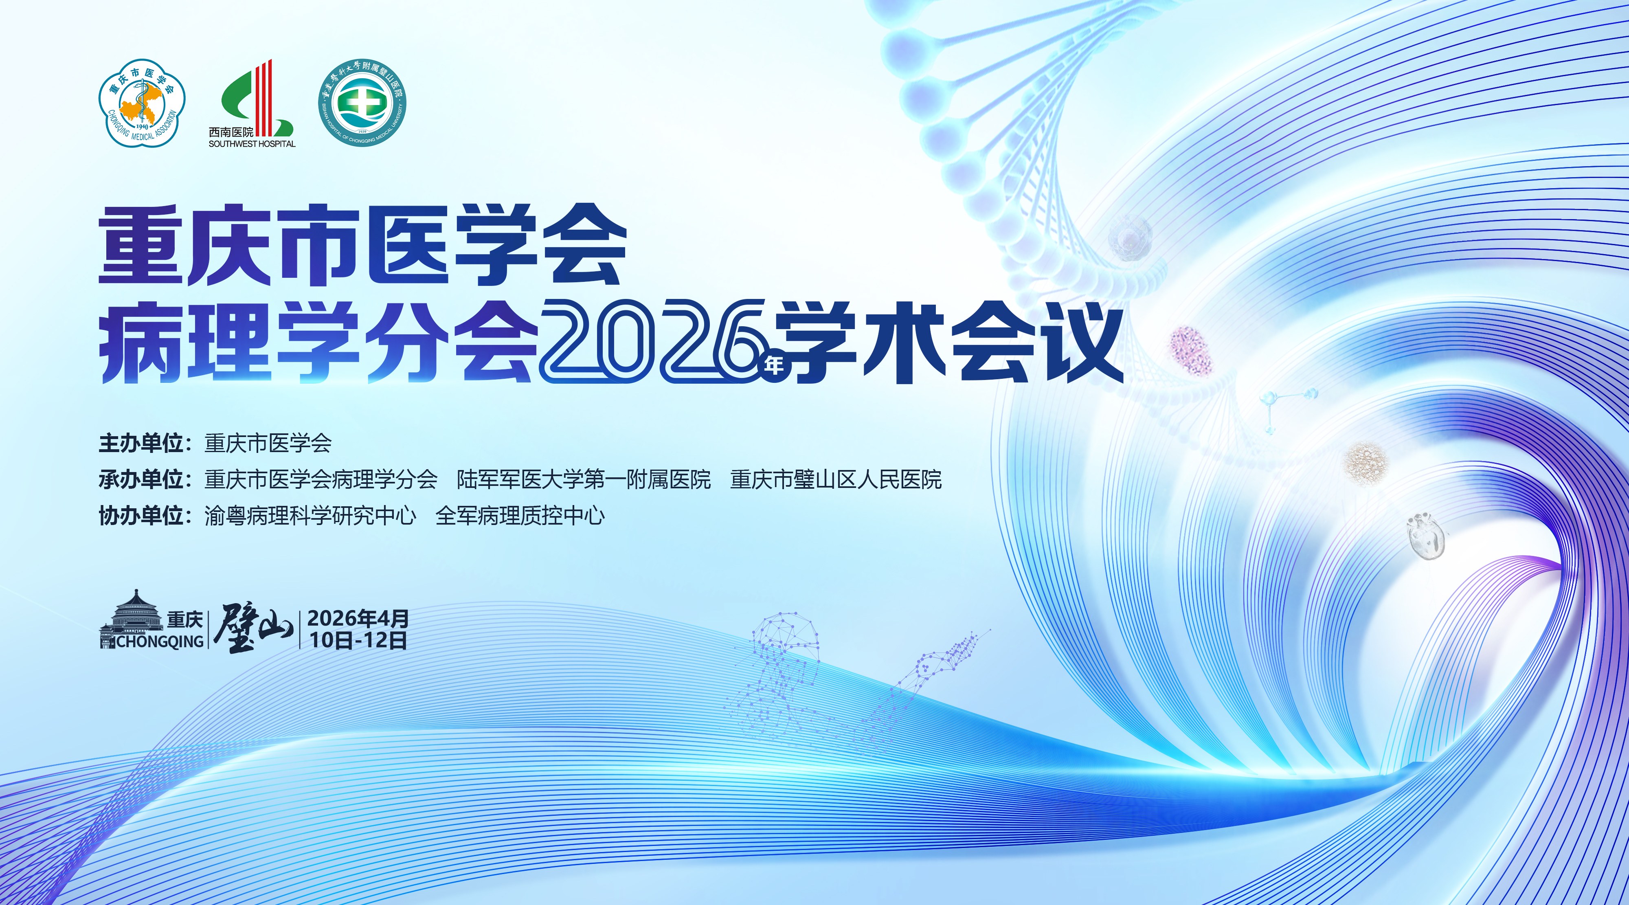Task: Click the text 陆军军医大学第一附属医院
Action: tap(584, 479)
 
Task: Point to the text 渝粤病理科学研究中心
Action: tap(310, 515)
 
